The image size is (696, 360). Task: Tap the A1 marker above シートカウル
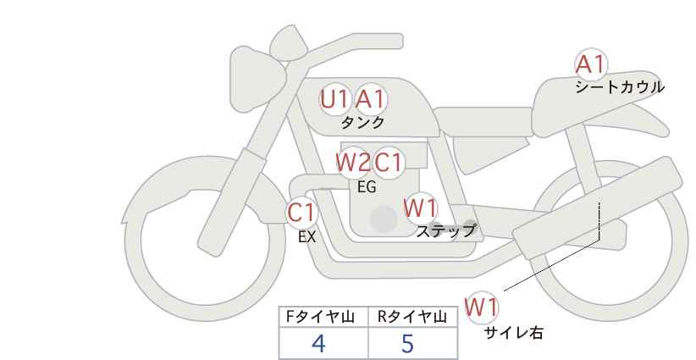coord(590,64)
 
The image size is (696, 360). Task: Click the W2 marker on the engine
coord(353,162)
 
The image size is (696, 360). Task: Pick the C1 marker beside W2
coord(389,162)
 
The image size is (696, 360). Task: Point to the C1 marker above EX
coord(301,213)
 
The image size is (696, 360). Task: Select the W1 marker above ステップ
coord(420,208)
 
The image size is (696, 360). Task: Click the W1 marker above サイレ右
coord(483,307)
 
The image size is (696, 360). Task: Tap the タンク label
coord(362,123)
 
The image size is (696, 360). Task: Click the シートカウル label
coord(620,87)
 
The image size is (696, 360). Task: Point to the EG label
coord(367,187)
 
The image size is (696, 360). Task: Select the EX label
coord(307,237)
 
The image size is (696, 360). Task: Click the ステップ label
coord(445,230)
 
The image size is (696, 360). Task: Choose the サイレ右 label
coord(513,333)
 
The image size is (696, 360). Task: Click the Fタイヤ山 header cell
coord(323,317)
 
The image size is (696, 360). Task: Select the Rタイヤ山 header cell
coord(412,317)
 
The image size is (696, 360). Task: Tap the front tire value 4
coord(318,344)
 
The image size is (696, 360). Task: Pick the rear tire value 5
coord(407,344)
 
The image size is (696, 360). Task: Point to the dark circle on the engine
coord(384,219)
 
